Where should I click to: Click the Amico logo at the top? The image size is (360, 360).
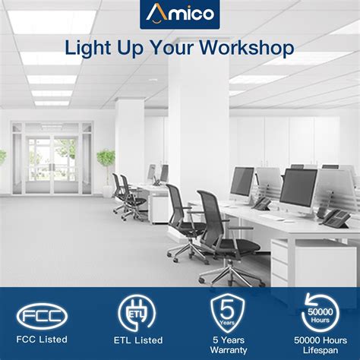(179, 13)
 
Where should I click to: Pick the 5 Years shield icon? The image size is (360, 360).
(227, 314)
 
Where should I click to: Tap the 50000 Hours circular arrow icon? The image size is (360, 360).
(320, 313)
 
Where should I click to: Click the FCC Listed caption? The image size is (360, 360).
(43, 339)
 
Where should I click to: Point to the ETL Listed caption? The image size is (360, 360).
(137, 339)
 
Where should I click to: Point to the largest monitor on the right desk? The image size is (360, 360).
(298, 188)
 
